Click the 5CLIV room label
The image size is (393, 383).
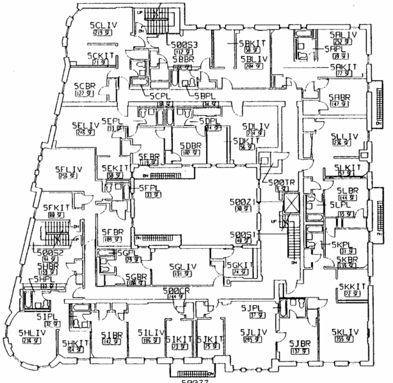click(103, 24)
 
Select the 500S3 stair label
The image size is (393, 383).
click(186, 44)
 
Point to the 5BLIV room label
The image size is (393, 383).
click(254, 58)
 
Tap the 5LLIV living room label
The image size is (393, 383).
click(346, 136)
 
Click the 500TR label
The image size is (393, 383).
click(280, 182)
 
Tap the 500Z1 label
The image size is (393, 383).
click(243, 201)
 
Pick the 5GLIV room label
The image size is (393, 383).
click(183, 267)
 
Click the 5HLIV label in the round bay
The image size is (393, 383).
click(31, 333)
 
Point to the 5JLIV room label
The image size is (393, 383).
click(254, 332)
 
